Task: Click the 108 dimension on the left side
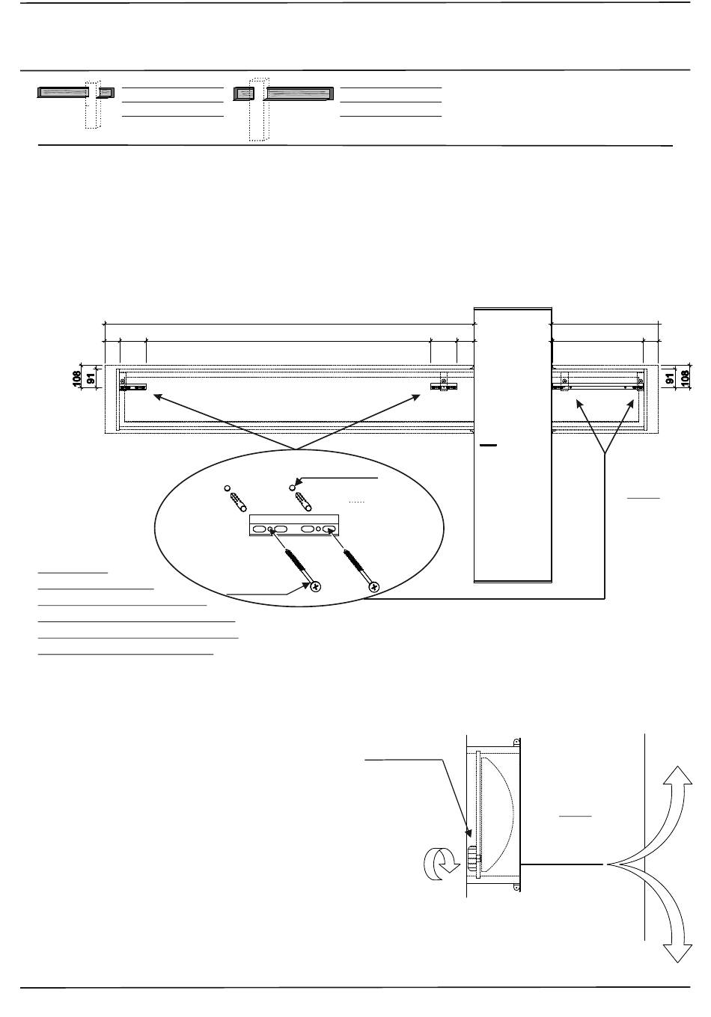[x=77, y=378]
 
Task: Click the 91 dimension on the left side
[x=91, y=379]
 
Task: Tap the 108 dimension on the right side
[x=685, y=378]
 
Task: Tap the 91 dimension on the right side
[x=670, y=379]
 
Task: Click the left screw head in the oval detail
[x=315, y=587]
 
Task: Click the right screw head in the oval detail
[x=374, y=587]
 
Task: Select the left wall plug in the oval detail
[x=239, y=502]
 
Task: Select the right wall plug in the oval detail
[x=304, y=502]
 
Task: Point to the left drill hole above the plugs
[x=228, y=488]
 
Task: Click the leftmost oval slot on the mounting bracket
[x=260, y=529]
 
